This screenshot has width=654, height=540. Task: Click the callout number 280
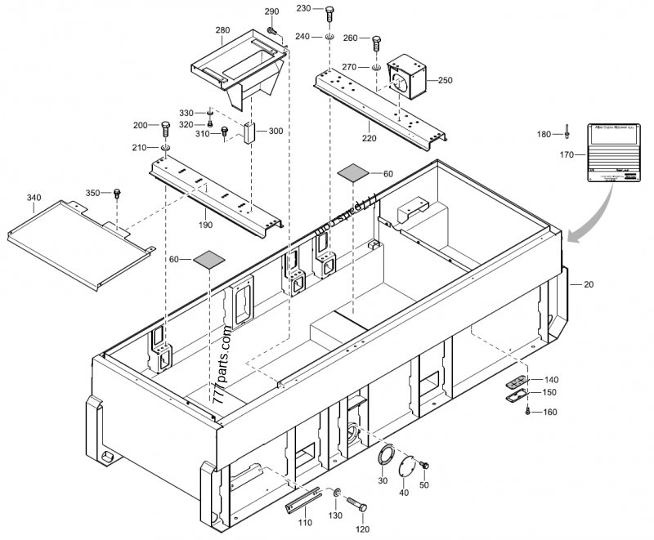pyautogui.click(x=222, y=30)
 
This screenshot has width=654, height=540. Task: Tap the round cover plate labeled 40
pyautogui.click(x=407, y=466)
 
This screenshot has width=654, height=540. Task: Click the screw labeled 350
pyautogui.click(x=117, y=194)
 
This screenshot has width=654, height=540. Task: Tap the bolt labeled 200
pyautogui.click(x=165, y=127)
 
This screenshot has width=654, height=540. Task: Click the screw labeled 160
pyautogui.click(x=528, y=411)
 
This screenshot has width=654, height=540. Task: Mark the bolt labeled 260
pyautogui.click(x=376, y=42)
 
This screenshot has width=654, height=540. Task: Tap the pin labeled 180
pyautogui.click(x=566, y=132)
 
